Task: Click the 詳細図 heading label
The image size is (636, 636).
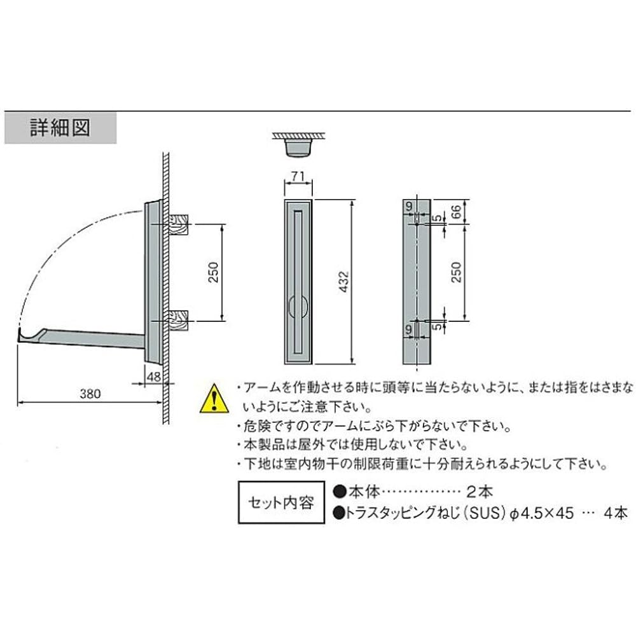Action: pyautogui.click(x=60, y=128)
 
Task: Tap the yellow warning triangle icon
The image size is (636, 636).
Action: pyautogui.click(x=214, y=398)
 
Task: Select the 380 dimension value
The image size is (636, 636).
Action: pyautogui.click(x=90, y=394)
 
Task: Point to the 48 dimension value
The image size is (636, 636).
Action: pyautogui.click(x=154, y=377)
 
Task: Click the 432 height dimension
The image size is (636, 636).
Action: pyautogui.click(x=343, y=282)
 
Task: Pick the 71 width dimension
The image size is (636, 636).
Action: pyautogui.click(x=298, y=176)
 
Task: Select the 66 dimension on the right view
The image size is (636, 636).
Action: pyautogui.click(x=456, y=211)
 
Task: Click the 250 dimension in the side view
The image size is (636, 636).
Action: pyautogui.click(x=213, y=273)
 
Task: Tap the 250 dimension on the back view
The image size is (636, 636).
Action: pyautogui.click(x=456, y=272)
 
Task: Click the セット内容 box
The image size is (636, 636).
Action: pyautogui.click(x=281, y=502)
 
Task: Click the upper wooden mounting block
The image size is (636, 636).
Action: pyautogui.click(x=179, y=225)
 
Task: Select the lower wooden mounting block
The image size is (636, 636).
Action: pyautogui.click(x=179, y=321)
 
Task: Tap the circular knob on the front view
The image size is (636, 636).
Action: pyautogui.click(x=298, y=307)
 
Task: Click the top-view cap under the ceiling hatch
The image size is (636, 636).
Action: pyautogui.click(x=298, y=148)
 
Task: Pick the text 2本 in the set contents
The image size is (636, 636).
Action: pyautogui.click(x=480, y=492)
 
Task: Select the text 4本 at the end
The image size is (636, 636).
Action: pyautogui.click(x=615, y=513)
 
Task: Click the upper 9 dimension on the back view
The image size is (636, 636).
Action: pyautogui.click(x=409, y=206)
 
